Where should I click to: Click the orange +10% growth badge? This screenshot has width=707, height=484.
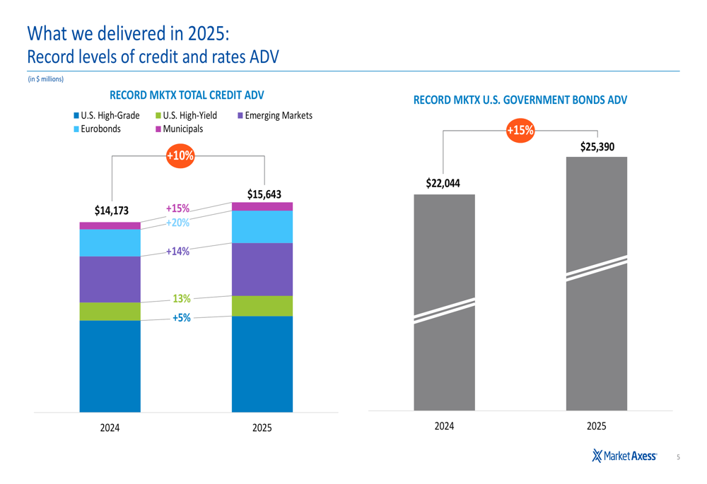(180, 155)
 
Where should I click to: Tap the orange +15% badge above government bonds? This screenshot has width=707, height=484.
(521, 130)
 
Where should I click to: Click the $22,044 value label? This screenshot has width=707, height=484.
(443, 183)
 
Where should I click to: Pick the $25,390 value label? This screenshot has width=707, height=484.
(597, 147)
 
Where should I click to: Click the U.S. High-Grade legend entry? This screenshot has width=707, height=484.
(106, 115)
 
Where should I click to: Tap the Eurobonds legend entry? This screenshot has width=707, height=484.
(97, 129)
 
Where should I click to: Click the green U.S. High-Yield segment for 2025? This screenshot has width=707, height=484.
(262, 305)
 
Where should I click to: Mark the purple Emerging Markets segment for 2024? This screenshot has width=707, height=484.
(110, 279)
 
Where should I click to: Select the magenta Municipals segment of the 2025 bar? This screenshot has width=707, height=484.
(262, 206)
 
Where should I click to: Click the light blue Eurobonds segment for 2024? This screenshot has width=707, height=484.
(110, 242)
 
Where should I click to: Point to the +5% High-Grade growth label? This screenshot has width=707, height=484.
(182, 318)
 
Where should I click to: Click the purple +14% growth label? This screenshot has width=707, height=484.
(177, 251)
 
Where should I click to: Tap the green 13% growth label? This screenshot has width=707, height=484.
(182, 299)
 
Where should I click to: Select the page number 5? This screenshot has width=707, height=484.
(678, 457)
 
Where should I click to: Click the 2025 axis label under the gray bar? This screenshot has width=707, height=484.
(597, 426)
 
